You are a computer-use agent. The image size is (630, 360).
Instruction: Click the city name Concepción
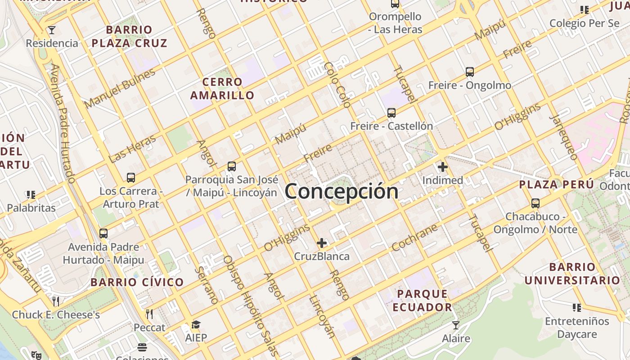pyautogui.click(x=341, y=191)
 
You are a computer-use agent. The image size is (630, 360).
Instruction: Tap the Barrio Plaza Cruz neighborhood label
pyautogui.click(x=130, y=36)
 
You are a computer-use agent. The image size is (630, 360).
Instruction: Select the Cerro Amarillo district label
pyautogui.click(x=222, y=89)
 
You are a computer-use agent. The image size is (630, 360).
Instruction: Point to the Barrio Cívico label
pyautogui.click(x=137, y=283)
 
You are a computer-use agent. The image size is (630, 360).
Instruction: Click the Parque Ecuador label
pyautogui.click(x=422, y=301)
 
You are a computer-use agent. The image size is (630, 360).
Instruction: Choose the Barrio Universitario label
pyautogui.click(x=572, y=274)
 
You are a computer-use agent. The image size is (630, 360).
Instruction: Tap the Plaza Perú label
pyautogui.click(x=557, y=184)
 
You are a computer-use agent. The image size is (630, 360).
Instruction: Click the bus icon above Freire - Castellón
pyautogui.click(x=391, y=113)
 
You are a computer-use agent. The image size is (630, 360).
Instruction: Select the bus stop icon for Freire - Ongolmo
pyautogui.click(x=470, y=72)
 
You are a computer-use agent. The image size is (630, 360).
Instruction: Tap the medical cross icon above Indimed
pyautogui.click(x=443, y=167)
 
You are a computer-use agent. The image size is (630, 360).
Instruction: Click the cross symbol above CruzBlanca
pyautogui.click(x=322, y=243)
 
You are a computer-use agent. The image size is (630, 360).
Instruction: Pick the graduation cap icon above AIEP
pyautogui.click(x=196, y=325)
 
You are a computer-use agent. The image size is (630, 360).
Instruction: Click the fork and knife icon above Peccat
pyautogui.click(x=150, y=314)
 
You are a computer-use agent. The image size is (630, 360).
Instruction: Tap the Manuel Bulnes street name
pyautogui.click(x=119, y=88)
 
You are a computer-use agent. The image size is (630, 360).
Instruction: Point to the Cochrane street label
pyautogui.click(x=414, y=237)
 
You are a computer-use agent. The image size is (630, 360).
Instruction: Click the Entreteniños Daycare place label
pyautogui.click(x=577, y=328)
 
